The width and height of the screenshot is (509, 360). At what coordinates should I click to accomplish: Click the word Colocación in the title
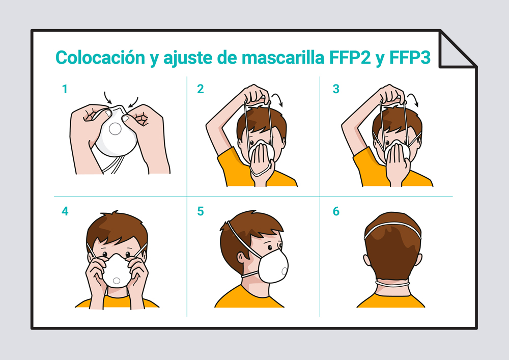pos(100,58)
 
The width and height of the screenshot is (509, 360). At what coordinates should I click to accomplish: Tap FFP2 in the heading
pos(350,58)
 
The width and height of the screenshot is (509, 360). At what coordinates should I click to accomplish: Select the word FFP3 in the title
pos(410,58)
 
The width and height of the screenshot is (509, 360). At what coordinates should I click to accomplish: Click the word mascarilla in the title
pos(282,58)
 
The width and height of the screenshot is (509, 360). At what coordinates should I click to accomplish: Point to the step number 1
pos(65,89)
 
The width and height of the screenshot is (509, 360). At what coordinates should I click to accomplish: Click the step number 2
pos(201,89)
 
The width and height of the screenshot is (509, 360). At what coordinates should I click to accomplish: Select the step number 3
pos(336,89)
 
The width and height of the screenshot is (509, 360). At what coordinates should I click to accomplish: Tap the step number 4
pos(65,211)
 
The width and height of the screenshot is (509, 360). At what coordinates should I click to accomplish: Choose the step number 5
pos(201,211)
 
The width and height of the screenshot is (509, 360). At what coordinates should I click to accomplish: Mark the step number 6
pos(336,211)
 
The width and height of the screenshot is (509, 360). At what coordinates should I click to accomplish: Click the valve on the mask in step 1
pos(115,129)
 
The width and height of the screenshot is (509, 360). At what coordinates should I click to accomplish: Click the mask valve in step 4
pos(116,281)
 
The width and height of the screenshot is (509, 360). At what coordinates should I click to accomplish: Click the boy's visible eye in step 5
pos(270,248)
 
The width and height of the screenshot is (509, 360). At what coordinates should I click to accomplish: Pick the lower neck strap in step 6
pos(392,284)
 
